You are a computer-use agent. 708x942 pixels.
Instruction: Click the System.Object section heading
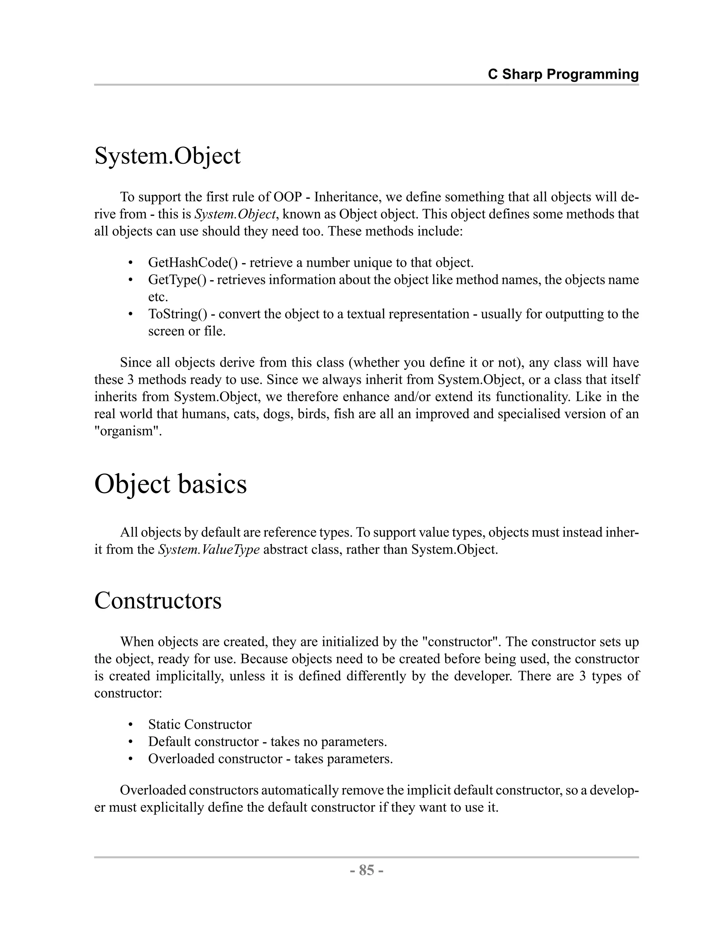point(167,156)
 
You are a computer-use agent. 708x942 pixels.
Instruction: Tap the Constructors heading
point(158,601)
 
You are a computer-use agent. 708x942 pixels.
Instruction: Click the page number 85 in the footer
point(366,869)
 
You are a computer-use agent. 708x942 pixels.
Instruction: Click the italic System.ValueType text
point(209,549)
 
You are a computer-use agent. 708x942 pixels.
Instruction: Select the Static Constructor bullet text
point(200,724)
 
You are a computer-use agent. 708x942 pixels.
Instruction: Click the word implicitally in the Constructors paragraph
point(189,676)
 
